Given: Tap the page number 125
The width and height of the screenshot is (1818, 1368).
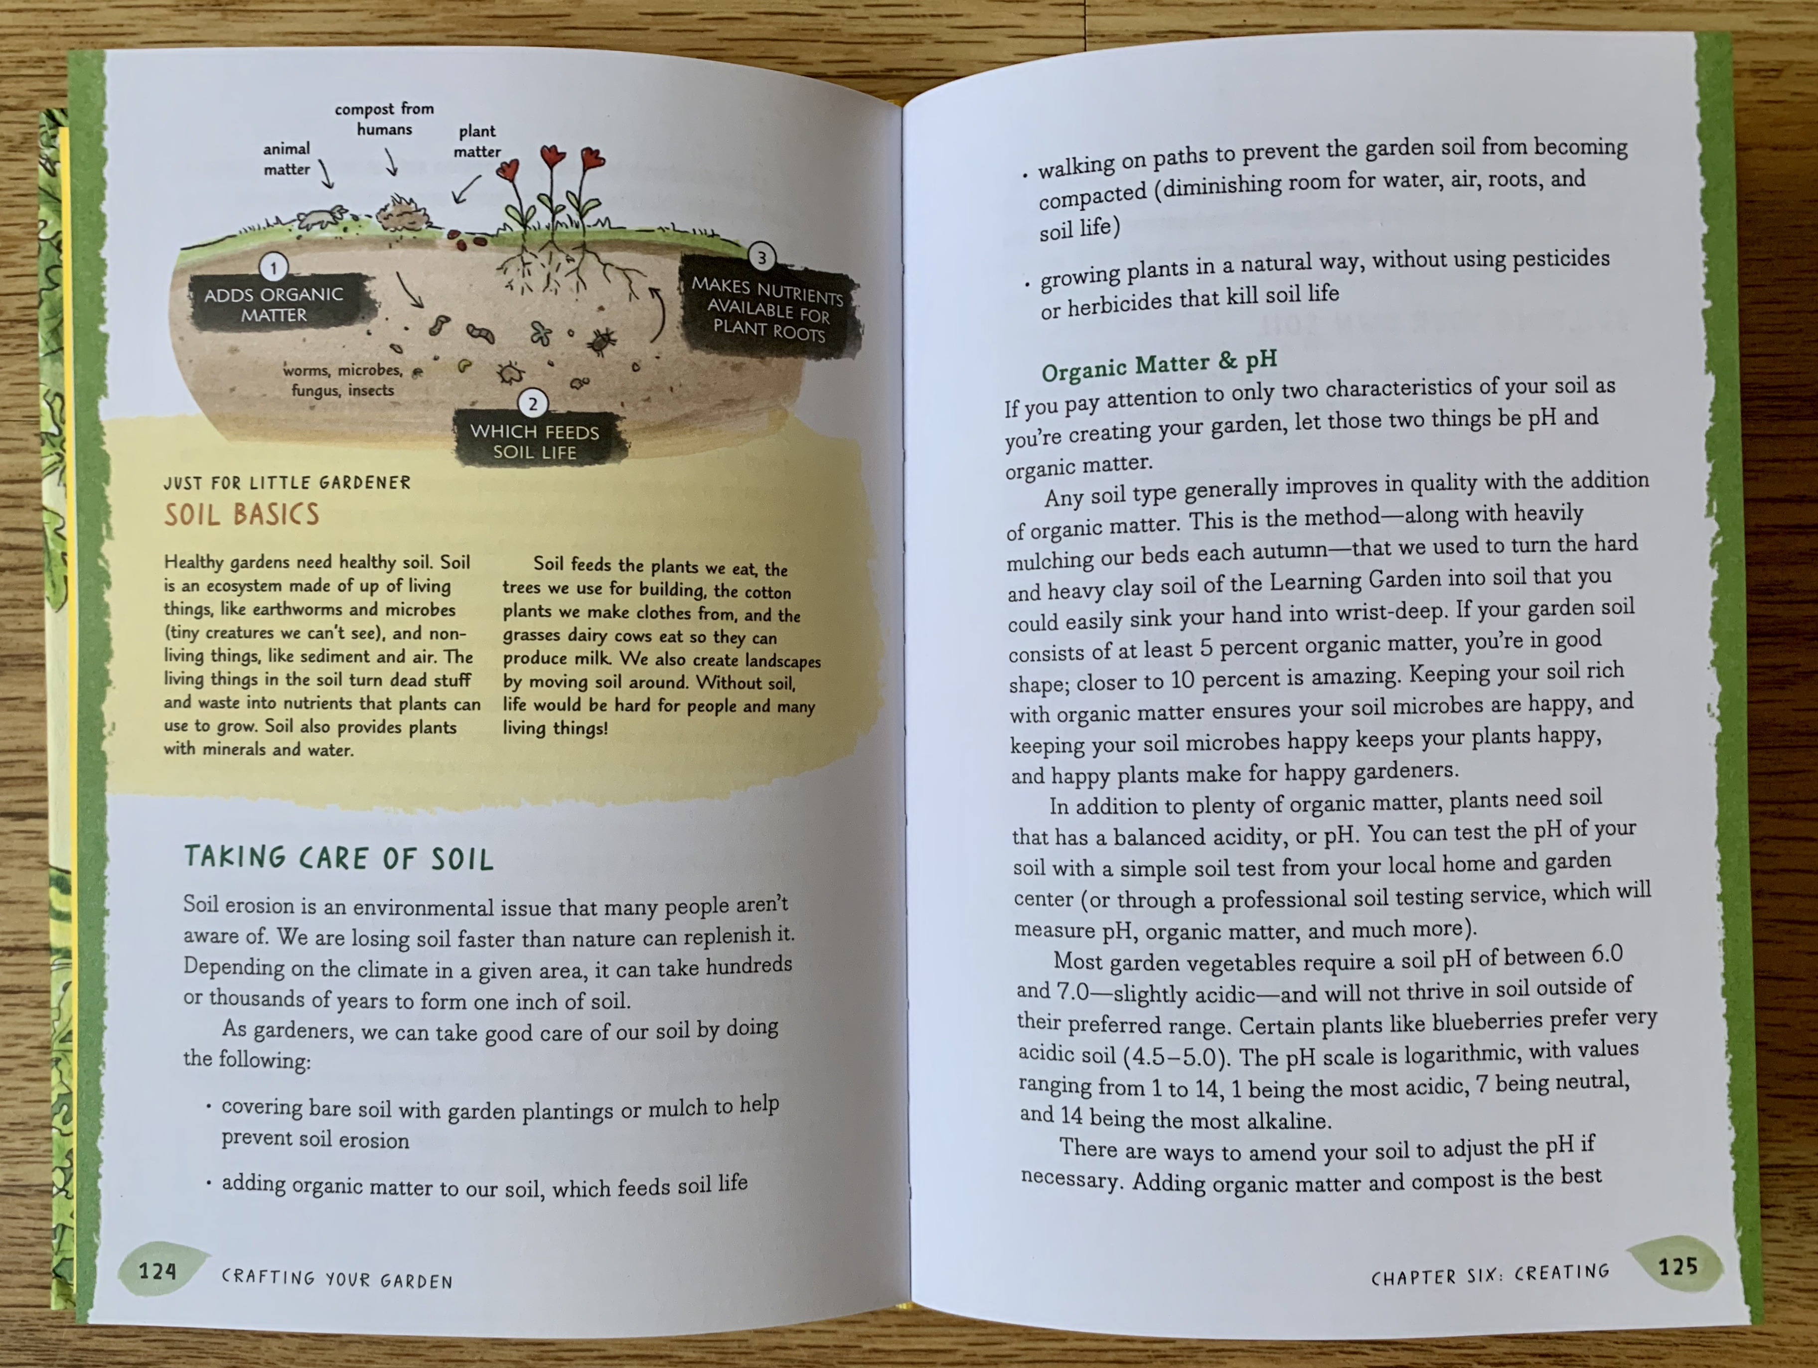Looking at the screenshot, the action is click(1677, 1266).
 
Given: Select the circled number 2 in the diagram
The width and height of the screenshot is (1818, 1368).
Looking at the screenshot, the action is click(533, 404).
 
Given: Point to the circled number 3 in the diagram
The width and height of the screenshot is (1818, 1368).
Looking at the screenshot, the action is click(762, 257).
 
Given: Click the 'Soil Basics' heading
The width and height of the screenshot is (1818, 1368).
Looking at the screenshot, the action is click(242, 514).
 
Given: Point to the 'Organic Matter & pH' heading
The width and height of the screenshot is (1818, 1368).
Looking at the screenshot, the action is click(1159, 365).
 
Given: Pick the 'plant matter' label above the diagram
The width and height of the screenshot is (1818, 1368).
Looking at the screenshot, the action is click(477, 141).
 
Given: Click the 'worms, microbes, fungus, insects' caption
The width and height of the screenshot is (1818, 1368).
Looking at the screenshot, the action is click(343, 380).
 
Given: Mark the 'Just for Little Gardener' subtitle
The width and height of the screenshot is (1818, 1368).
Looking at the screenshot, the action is click(287, 482).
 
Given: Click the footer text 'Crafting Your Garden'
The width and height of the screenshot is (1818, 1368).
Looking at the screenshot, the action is click(337, 1279).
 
